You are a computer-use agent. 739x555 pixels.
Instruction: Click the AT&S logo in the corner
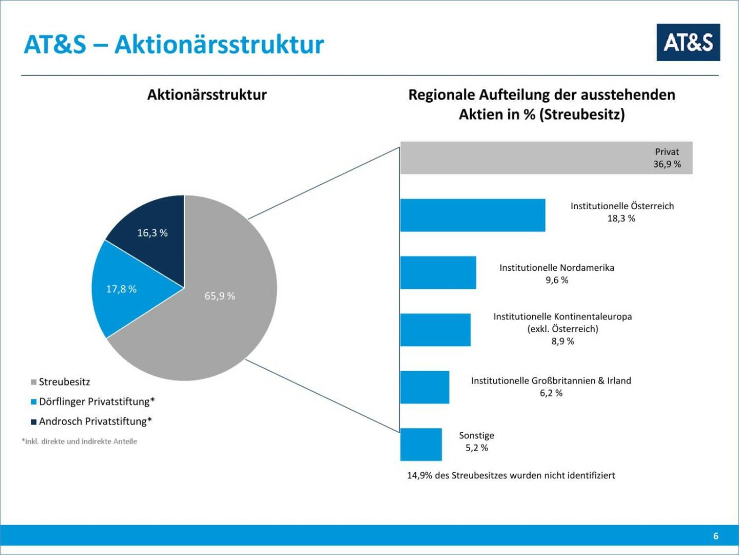tap(688, 42)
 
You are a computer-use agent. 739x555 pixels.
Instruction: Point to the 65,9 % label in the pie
tap(220, 296)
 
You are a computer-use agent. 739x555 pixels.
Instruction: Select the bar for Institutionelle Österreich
tap(472, 215)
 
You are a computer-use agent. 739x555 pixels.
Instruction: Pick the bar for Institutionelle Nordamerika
tap(438, 272)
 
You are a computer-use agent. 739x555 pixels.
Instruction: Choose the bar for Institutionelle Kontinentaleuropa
tap(435, 329)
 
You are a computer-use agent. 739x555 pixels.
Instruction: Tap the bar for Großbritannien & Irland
tap(424, 387)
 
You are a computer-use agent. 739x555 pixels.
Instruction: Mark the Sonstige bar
tap(421, 444)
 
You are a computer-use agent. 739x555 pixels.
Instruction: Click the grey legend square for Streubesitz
tap(34, 382)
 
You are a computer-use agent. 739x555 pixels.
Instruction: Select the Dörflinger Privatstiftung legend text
tap(96, 401)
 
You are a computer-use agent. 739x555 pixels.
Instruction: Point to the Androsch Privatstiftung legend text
tap(95, 421)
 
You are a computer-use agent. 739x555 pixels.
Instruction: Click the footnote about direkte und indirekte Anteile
tap(80, 441)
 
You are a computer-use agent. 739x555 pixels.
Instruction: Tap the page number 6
tap(715, 536)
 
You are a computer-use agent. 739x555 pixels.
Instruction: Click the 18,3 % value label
tap(621, 218)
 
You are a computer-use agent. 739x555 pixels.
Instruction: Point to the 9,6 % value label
tap(557, 280)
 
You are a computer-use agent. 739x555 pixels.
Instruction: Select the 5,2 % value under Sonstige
tap(477, 448)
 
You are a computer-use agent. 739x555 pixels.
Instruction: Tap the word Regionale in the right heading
tap(441, 95)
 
